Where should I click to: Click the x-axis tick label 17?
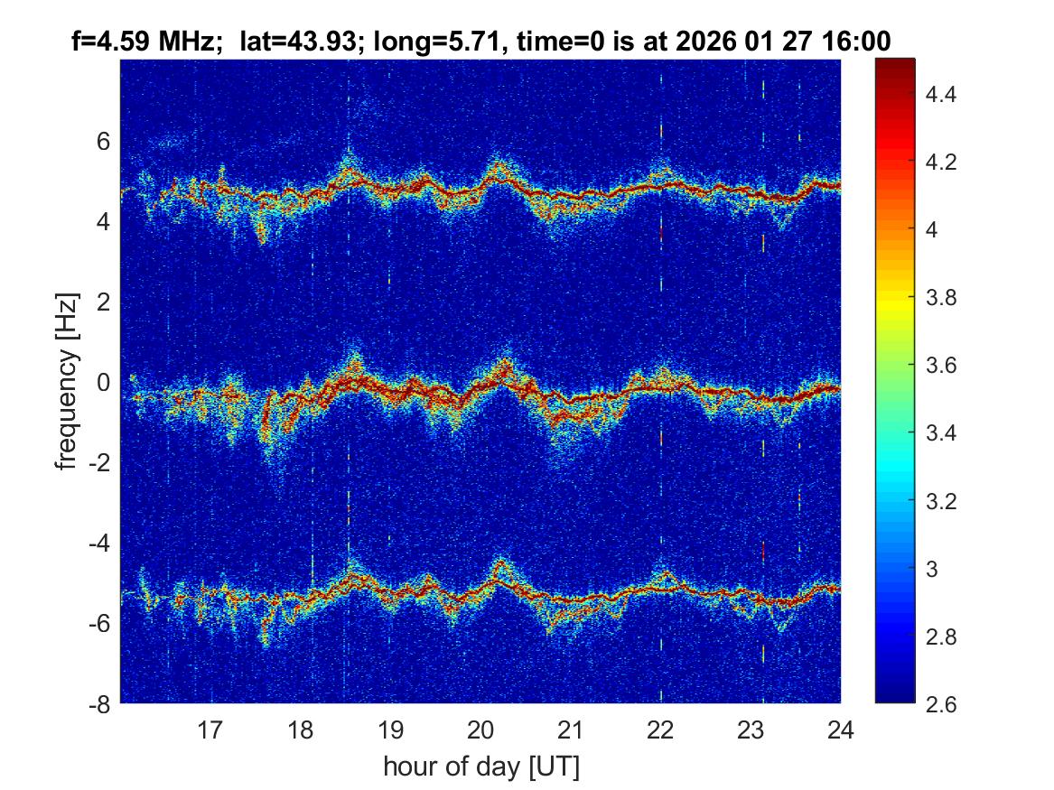210,730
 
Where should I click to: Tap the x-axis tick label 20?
480,730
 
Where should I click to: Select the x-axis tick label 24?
840,730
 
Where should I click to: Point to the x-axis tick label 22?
660,730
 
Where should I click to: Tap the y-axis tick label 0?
103,382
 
